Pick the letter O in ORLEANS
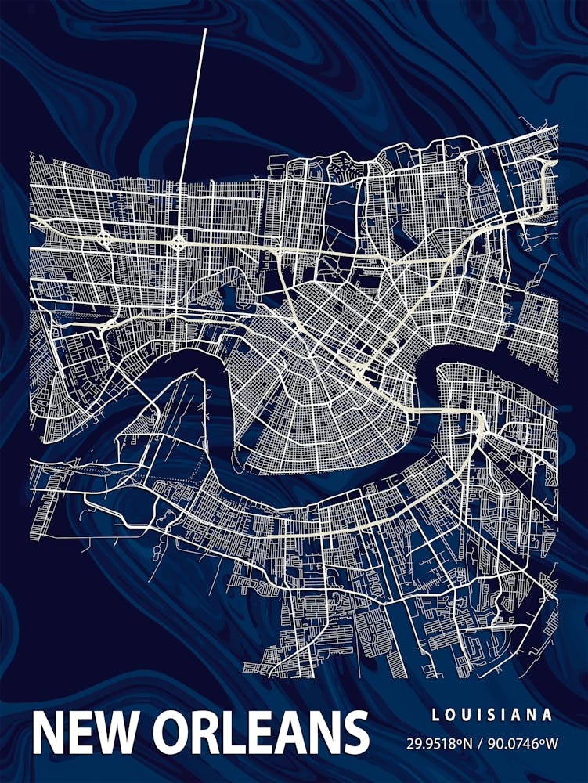(x=174, y=733)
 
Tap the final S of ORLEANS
(x=353, y=733)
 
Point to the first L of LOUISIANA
(x=435, y=715)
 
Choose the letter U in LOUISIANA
(x=464, y=715)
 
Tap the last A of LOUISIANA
(x=548, y=715)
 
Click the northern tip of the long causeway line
(x=205, y=30)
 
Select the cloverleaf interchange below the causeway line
(x=179, y=243)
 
